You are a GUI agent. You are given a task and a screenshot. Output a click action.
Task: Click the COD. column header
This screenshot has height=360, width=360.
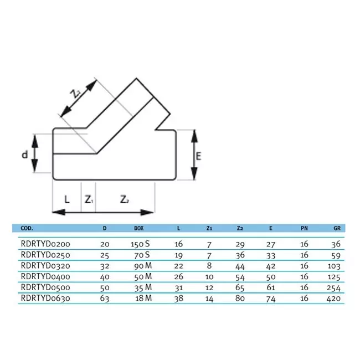[x=27, y=228]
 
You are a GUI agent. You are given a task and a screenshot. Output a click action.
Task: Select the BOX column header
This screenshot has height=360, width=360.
[x=139, y=228]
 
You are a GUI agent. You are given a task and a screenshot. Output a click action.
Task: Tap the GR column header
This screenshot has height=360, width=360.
[x=337, y=228]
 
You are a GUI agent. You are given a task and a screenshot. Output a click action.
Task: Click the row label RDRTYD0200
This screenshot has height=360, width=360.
[x=45, y=244]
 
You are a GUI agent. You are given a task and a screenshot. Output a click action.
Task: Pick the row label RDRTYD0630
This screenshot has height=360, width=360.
[x=45, y=298]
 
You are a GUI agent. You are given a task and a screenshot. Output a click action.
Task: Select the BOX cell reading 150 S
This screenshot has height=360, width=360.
[x=140, y=244]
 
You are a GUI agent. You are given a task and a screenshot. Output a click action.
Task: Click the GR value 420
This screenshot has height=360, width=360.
[x=333, y=299]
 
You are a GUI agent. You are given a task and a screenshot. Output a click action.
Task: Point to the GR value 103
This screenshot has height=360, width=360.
[x=334, y=266]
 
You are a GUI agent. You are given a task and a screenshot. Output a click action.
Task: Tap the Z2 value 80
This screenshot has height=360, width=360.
[x=240, y=298]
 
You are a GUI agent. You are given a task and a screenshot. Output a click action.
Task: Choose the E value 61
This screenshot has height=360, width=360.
[x=271, y=287]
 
